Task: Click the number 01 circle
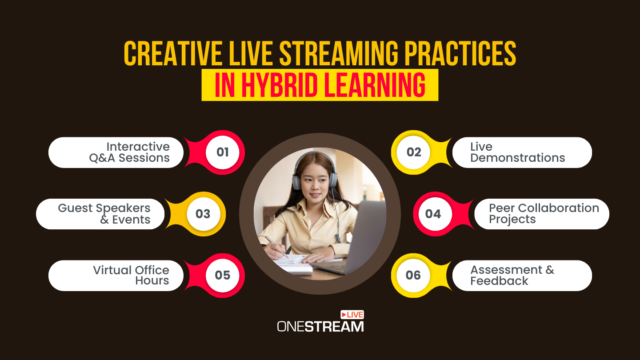coord(222,152)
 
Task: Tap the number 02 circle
coord(413,152)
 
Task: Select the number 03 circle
coord(203,214)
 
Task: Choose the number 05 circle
coord(222,276)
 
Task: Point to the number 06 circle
coord(413,276)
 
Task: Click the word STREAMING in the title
coord(339,53)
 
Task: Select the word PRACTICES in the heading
coord(460,53)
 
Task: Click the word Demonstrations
coord(518,158)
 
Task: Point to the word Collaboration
coord(558,208)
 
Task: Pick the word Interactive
coord(138,147)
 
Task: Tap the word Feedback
coord(499,281)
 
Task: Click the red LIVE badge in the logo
coord(352,315)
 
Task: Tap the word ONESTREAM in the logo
coord(320,327)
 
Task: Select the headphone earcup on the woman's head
coord(297,182)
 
